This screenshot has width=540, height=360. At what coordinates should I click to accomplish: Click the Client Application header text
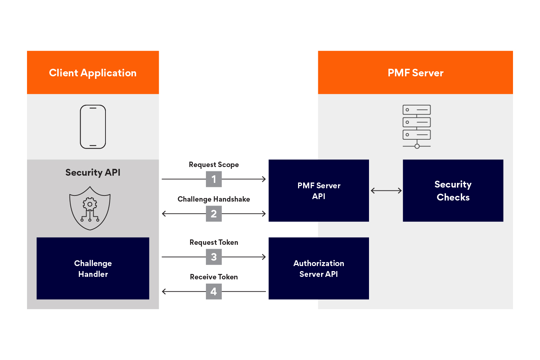[x=93, y=73]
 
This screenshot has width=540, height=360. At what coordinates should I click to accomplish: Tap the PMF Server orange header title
[x=415, y=73]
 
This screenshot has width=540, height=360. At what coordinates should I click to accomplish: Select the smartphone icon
[x=93, y=127]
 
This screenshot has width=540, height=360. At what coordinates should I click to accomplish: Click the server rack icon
[x=417, y=126]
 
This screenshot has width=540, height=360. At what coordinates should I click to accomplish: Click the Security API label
[x=93, y=172]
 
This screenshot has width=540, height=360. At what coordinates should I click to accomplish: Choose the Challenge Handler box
[x=93, y=268]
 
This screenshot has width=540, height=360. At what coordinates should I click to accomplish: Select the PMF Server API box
[x=319, y=190]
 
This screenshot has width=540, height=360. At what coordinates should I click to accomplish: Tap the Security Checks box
[x=453, y=190]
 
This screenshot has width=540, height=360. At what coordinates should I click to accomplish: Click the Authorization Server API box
[x=319, y=268]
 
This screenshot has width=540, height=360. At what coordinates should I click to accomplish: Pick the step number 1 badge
[x=214, y=179]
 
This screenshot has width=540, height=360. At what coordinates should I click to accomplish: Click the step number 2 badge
[x=214, y=214]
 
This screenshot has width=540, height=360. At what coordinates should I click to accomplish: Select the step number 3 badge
[x=214, y=257]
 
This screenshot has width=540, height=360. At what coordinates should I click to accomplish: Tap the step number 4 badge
[x=214, y=292]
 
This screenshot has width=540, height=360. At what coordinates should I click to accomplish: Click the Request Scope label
[x=214, y=165]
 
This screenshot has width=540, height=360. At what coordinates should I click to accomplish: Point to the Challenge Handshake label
[x=214, y=199]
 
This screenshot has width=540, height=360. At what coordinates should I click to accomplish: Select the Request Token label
[x=214, y=242]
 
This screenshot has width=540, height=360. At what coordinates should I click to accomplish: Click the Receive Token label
[x=214, y=277]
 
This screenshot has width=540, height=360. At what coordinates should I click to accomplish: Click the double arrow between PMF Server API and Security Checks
[x=386, y=190]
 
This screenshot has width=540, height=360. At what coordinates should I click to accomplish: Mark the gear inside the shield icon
[x=90, y=204]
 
